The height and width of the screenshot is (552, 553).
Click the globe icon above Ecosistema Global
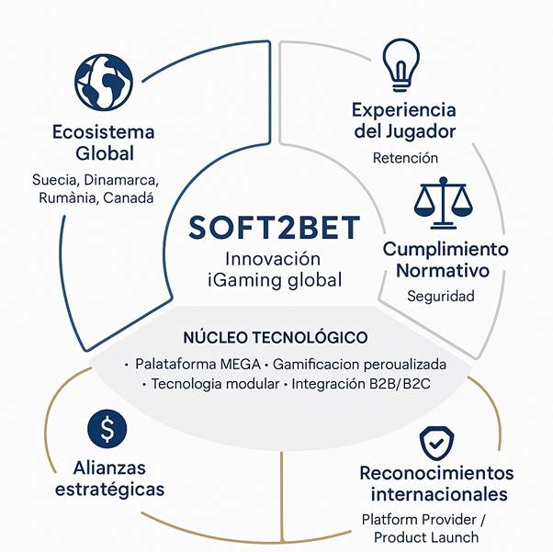tap(104, 80)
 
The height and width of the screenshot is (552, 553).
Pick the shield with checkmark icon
tap(435, 445)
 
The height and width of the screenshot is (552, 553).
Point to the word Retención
tap(405, 158)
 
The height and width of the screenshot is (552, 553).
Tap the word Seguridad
tap(441, 297)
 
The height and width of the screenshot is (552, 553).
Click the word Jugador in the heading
tap(418, 131)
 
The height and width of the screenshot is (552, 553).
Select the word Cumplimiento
tap(446, 249)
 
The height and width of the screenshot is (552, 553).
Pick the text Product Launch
tap(433, 536)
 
